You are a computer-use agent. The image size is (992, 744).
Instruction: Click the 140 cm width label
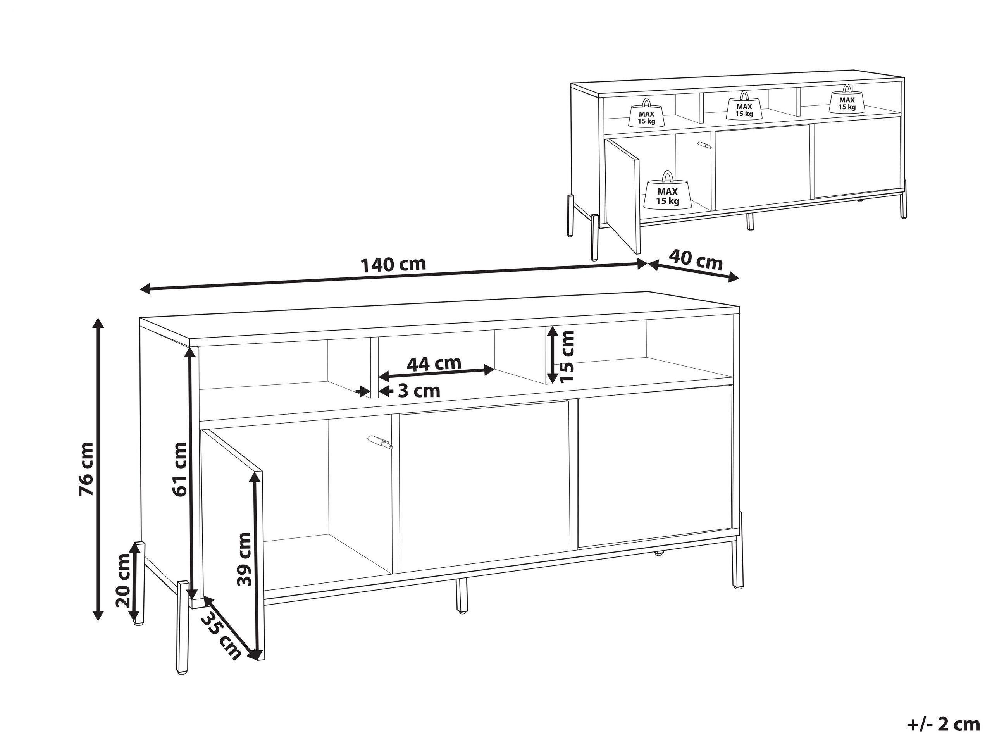pyautogui.click(x=393, y=265)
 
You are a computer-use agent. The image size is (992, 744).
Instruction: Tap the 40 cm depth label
pyautogui.click(x=696, y=262)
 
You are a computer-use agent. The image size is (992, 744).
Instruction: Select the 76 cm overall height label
pyautogui.click(x=86, y=468)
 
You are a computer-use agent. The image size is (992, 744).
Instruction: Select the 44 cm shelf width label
pyautogui.click(x=434, y=363)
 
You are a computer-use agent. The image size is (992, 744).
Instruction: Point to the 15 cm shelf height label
pyautogui.click(x=567, y=356)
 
